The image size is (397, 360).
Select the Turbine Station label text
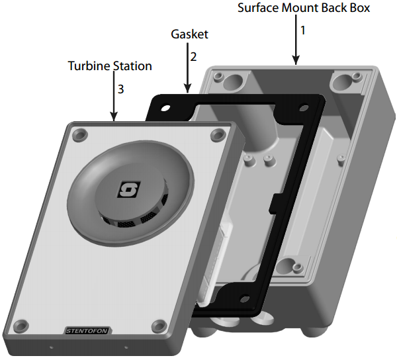click(110, 66)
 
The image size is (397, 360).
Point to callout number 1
click(303, 30)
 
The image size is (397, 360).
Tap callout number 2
click(193, 56)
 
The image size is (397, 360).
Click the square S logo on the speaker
click(126, 191)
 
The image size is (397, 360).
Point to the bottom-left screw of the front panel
click(22, 324)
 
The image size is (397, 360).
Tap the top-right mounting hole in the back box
click(342, 83)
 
